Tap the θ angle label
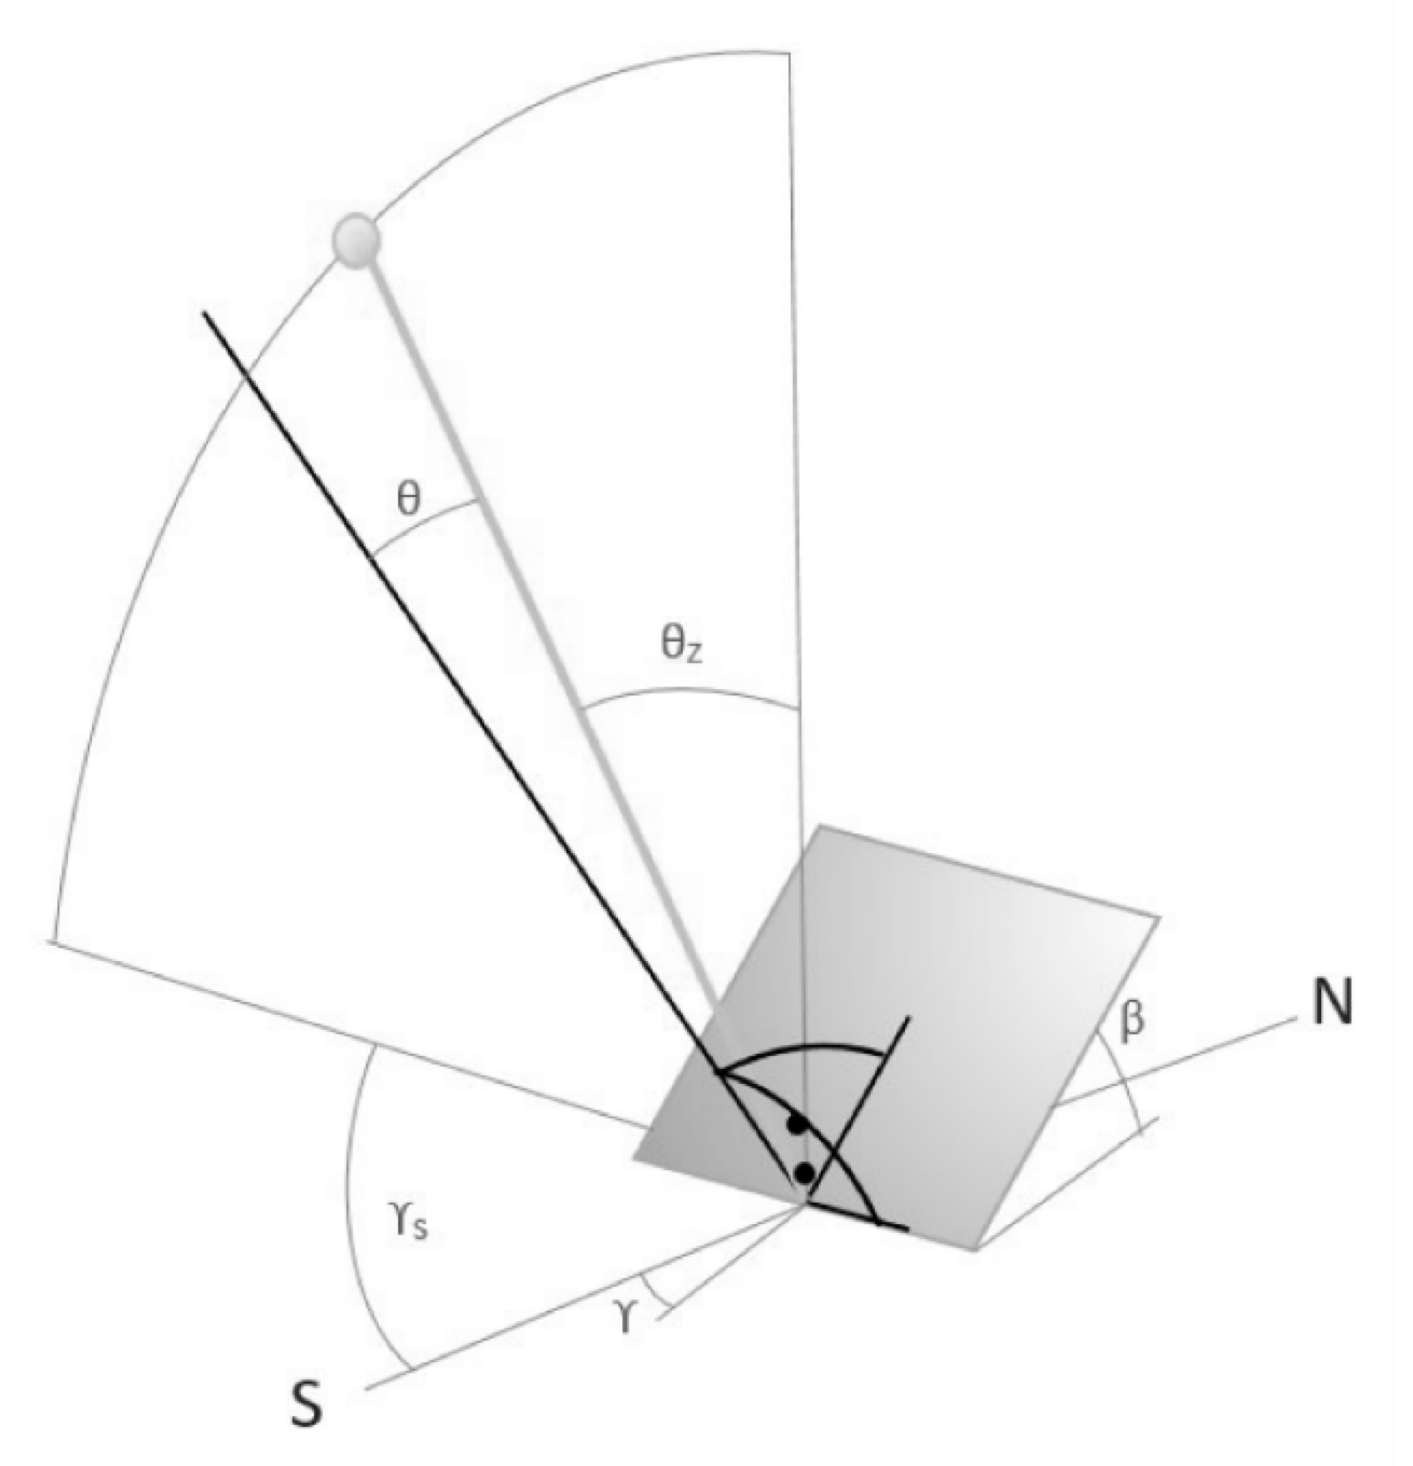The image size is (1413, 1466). click(408, 500)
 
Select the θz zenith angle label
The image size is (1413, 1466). click(682, 645)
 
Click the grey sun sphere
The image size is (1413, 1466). click(356, 239)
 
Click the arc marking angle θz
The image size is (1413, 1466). click(689, 692)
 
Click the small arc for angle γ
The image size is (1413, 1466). click(655, 1288)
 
